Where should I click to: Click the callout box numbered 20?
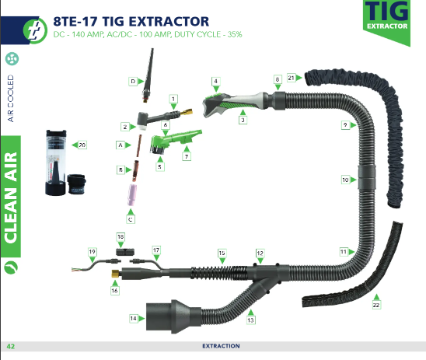coord(82,145)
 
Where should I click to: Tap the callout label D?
coord(133,81)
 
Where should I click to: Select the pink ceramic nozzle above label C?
coord(132,195)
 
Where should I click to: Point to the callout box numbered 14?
coord(133,318)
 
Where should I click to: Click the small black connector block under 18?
coord(125,252)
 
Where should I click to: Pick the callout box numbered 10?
coord(345,180)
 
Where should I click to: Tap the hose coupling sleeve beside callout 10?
coord(367,177)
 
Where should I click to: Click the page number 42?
coord(11,346)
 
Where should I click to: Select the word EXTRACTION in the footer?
coord(221,346)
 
